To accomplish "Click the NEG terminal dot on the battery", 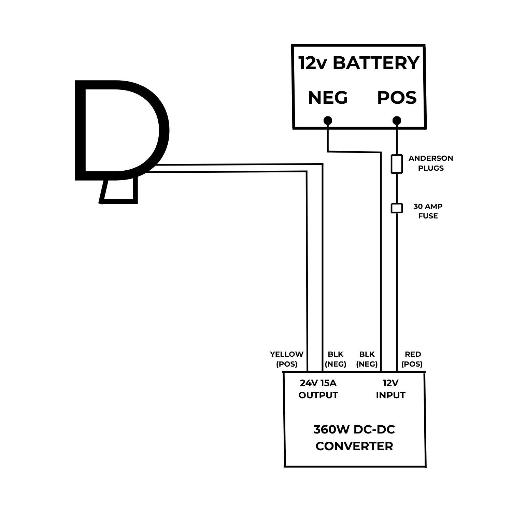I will [328, 120].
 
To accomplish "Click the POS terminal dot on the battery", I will [397, 120].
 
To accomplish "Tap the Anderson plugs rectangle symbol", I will [397, 164].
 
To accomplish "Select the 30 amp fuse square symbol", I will [397, 208].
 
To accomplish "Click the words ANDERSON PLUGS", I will [431, 163].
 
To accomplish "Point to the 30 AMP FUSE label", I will [428, 211].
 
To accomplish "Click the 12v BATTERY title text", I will [359, 63].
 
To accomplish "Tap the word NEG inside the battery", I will [328, 98].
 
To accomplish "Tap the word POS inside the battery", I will [397, 98].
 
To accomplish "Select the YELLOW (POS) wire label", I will [287, 359].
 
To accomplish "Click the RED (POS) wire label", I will [412, 359].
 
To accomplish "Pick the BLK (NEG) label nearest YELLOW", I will [336, 359].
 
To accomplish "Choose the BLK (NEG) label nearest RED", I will [367, 359].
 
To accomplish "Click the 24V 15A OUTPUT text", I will [318, 389].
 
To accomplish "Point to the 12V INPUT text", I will [390, 389].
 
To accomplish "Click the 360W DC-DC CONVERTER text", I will [354, 438].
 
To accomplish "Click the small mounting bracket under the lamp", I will [119, 191].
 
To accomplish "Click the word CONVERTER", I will [354, 446].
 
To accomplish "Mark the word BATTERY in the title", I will [376, 63].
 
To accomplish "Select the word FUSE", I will [428, 216].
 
